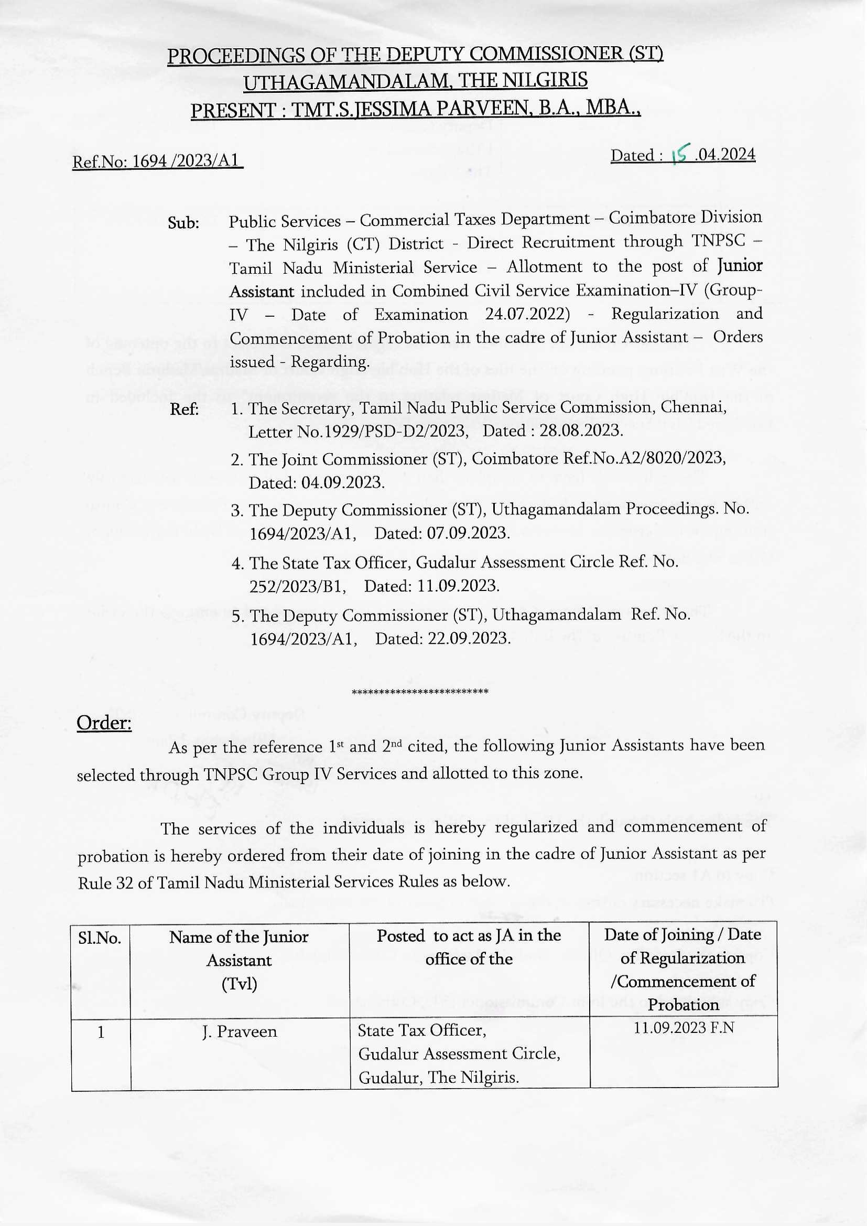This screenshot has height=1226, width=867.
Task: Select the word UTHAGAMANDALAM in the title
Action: pyautogui.click(x=345, y=82)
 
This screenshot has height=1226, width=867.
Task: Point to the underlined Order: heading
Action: pyautogui.click(x=104, y=723)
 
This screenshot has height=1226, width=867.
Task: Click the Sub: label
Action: pyautogui.click(x=183, y=222)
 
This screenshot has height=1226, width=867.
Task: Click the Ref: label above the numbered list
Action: pyautogui.click(x=184, y=410)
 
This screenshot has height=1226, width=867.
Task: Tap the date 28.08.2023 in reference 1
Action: pyautogui.click(x=581, y=431)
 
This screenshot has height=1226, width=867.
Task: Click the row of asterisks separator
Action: pyautogui.click(x=420, y=693)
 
